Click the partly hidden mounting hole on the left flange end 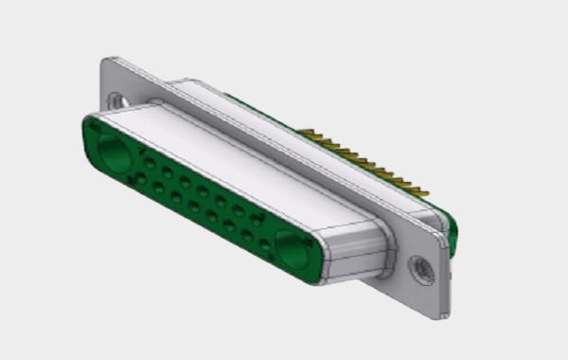pyautogui.click(x=117, y=99)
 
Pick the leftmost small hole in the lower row pyautogui.click(x=141, y=178)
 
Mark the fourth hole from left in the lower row pyautogui.click(x=193, y=206)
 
